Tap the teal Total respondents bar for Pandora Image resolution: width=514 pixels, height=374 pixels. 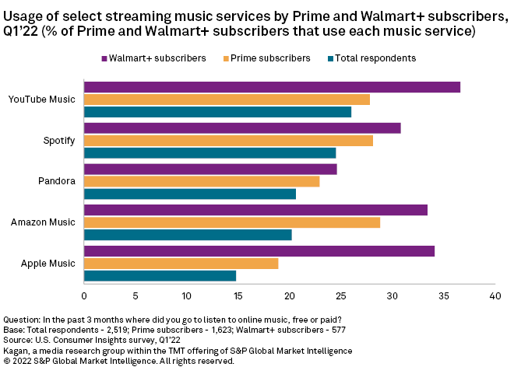pyautogui.click(x=190, y=194)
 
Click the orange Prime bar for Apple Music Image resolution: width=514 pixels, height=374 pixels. pyautogui.click(x=181, y=264)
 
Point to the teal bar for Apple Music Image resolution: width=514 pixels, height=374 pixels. pyautogui.click(x=160, y=276)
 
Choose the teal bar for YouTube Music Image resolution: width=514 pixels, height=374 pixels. pyautogui.click(x=217, y=112)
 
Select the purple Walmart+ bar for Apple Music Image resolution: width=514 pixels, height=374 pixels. pyautogui.click(x=259, y=251)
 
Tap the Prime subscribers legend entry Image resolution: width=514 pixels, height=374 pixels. pyautogui.click(x=269, y=58)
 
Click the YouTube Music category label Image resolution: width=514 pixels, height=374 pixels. pyautogui.click(x=42, y=100)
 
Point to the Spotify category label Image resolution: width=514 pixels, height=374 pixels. pyautogui.click(x=59, y=141)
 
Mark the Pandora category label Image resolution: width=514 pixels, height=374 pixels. pyautogui.click(x=58, y=181)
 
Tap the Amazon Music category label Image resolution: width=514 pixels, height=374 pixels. pyautogui.click(x=43, y=222)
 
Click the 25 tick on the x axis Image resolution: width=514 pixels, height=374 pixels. pyautogui.click(x=340, y=295)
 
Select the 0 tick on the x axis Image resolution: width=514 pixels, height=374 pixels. pyautogui.click(x=84, y=295)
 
